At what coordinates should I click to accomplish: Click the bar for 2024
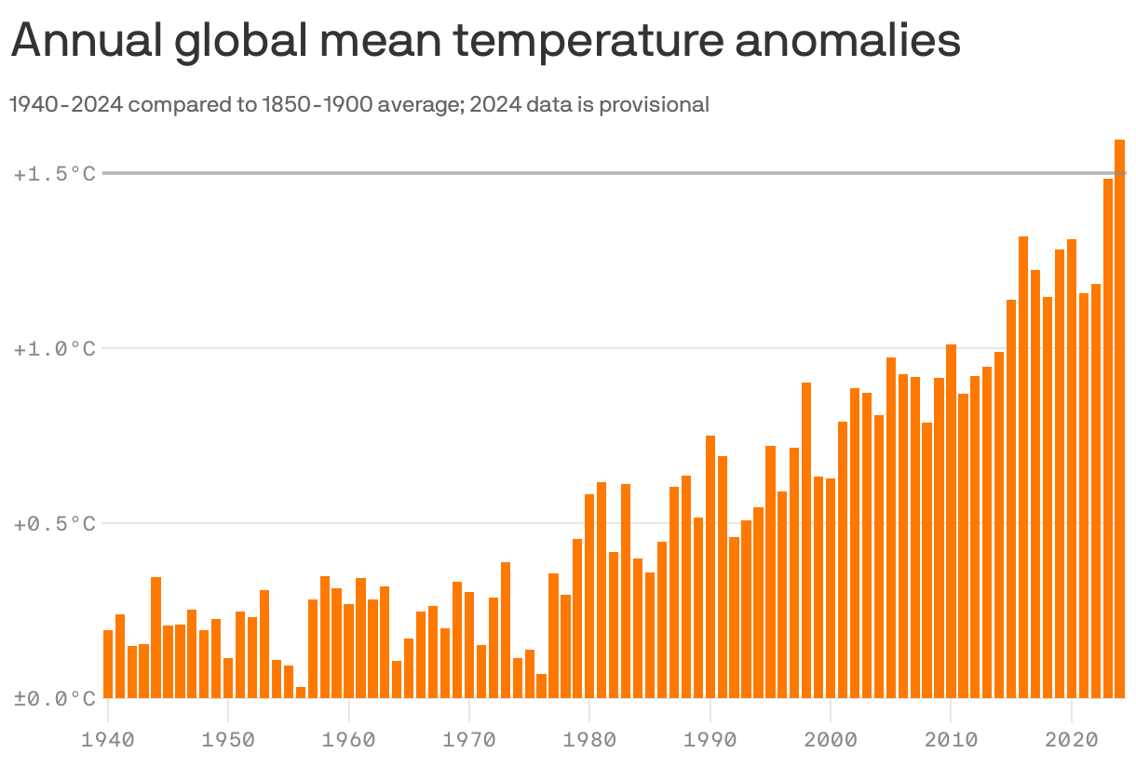(1120, 419)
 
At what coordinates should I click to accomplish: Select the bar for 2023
(1108, 437)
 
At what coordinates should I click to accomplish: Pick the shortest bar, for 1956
(301, 692)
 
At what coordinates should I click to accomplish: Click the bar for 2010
(951, 521)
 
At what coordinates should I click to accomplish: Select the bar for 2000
(831, 642)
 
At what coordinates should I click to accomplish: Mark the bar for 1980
(589, 596)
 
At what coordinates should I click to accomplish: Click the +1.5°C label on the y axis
(55, 174)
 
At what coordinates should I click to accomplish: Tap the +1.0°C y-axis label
(55, 349)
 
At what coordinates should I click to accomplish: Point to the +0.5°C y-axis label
(55, 524)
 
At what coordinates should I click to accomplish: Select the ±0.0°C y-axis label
(55, 699)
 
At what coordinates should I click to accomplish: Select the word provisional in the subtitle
(654, 104)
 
